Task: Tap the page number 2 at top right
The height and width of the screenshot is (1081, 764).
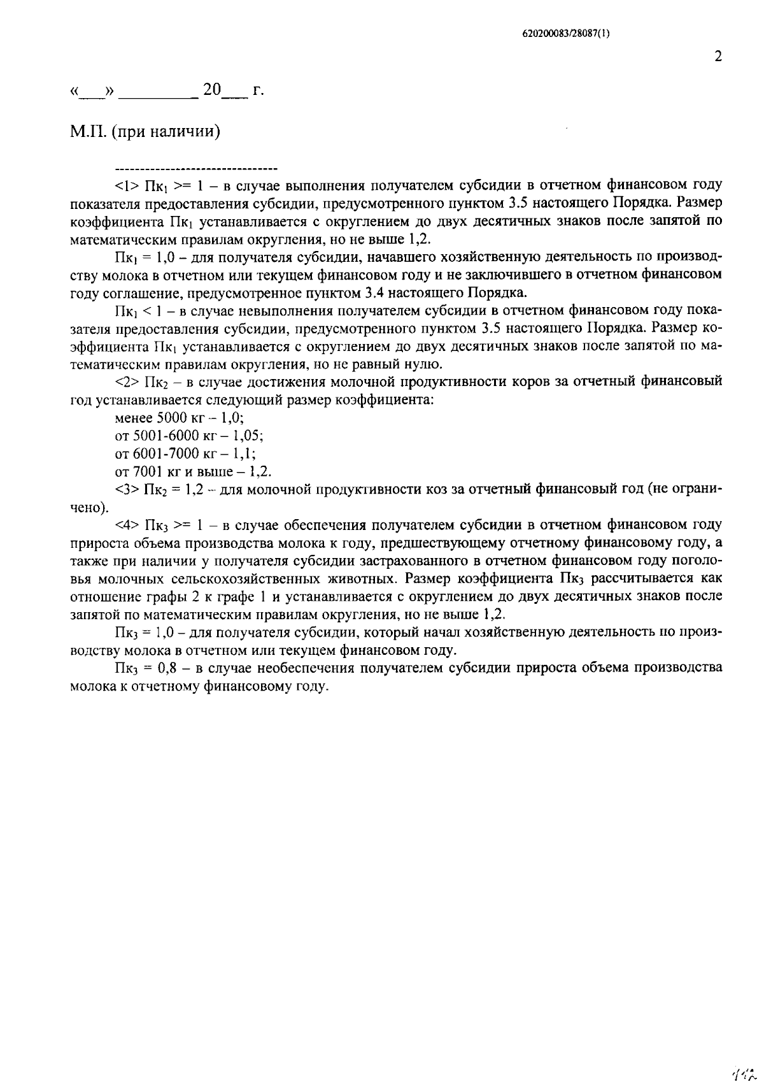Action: click(718, 57)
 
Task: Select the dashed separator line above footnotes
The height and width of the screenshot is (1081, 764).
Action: click(196, 169)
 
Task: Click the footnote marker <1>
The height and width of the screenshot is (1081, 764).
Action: click(126, 186)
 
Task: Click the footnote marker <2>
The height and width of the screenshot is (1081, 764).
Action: click(126, 382)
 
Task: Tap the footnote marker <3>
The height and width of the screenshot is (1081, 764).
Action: click(126, 490)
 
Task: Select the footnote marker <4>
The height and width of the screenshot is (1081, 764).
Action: click(126, 526)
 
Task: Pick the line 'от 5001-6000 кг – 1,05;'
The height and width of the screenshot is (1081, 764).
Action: click(189, 436)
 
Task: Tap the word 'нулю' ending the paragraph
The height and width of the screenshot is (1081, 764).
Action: click(425, 364)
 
